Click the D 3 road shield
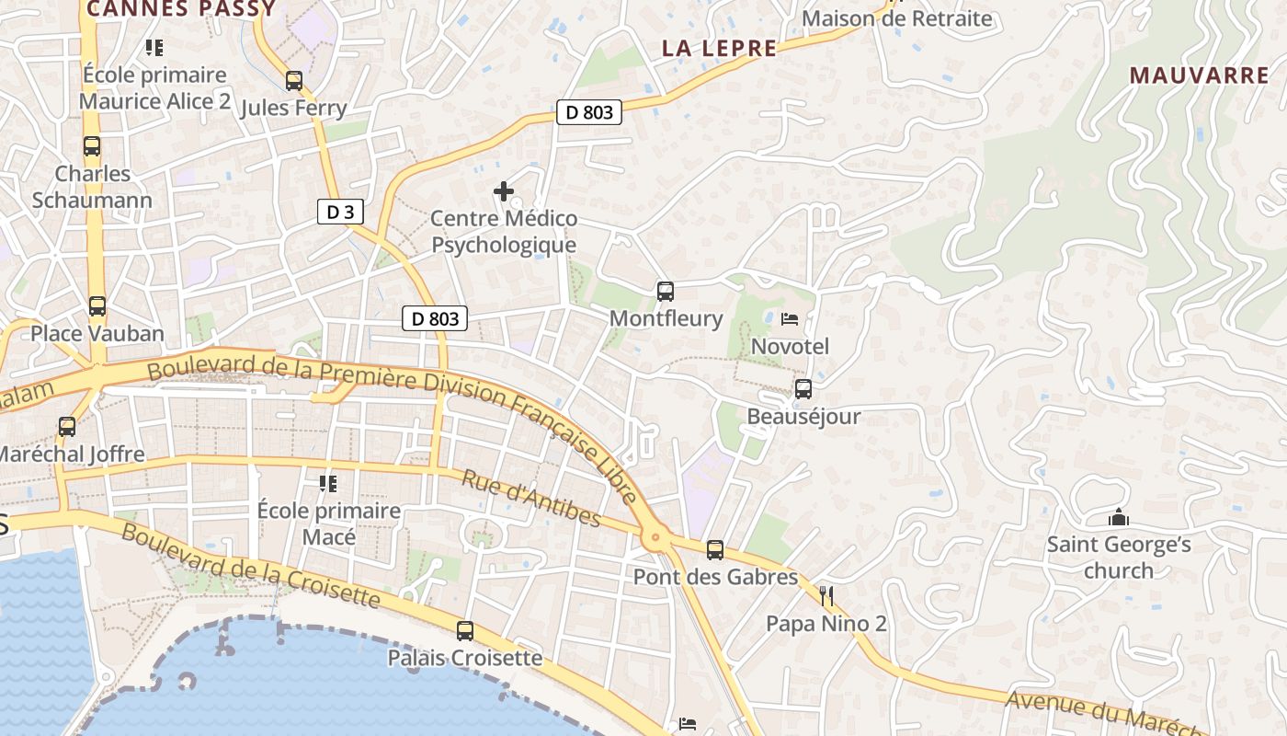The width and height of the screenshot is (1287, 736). (x=340, y=212)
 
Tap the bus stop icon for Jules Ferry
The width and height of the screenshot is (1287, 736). (x=294, y=81)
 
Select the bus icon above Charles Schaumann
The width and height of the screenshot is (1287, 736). (x=92, y=146)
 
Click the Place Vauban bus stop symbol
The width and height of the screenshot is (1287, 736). (x=97, y=306)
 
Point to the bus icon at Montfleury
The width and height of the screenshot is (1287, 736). (x=666, y=292)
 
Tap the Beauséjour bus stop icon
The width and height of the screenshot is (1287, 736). (x=803, y=389)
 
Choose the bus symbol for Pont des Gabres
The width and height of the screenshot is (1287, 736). (x=715, y=550)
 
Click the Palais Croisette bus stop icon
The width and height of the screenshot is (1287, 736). (x=465, y=631)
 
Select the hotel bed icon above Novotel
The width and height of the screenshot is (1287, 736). (x=790, y=319)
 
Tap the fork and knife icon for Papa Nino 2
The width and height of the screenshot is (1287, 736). (x=826, y=596)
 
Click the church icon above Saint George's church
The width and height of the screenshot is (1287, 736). (x=1119, y=517)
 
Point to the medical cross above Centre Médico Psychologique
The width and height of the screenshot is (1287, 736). (x=504, y=191)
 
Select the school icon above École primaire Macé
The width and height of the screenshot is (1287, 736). (x=327, y=483)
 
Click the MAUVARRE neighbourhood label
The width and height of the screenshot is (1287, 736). (x=1199, y=75)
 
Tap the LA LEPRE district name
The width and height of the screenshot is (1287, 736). (x=719, y=49)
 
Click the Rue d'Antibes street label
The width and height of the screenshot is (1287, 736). (x=530, y=499)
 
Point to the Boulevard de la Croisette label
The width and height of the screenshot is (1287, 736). (x=250, y=566)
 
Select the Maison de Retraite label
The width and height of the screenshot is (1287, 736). (x=897, y=18)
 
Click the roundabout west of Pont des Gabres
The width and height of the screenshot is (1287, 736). (x=655, y=537)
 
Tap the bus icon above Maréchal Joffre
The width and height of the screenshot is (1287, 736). (x=67, y=427)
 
